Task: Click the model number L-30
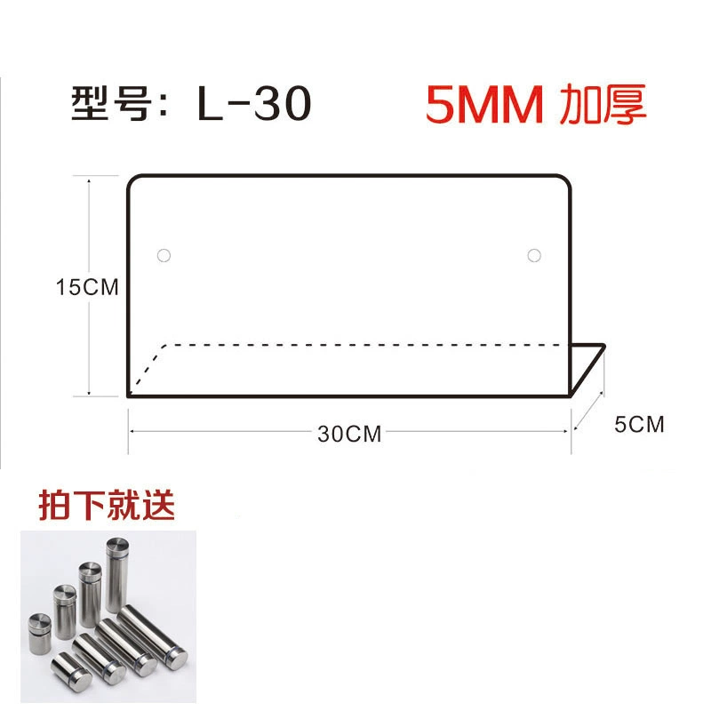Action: click(254, 103)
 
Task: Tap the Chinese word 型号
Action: click(110, 103)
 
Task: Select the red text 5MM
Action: click(483, 104)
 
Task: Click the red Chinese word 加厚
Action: click(603, 104)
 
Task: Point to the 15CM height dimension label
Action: click(87, 287)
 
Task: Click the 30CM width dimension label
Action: click(349, 434)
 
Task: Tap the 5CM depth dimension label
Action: click(639, 425)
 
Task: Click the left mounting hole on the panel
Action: click(164, 255)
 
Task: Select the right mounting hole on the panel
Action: click(534, 255)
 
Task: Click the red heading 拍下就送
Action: click(107, 505)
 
